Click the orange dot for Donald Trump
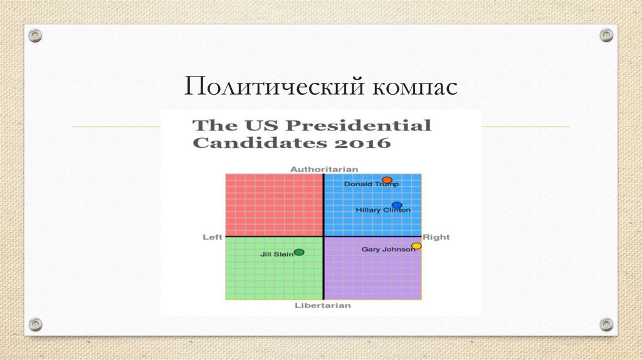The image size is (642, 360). (x=387, y=180)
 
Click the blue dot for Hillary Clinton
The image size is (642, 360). (x=396, y=205)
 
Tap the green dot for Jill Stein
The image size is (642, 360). (x=299, y=252)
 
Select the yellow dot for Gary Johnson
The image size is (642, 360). (x=416, y=246)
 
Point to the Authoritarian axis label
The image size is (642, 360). (x=324, y=169)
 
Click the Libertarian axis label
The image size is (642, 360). (x=323, y=305)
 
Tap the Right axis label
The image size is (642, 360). (x=436, y=237)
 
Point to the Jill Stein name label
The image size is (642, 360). (x=276, y=254)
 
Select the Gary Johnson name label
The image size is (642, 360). (x=387, y=249)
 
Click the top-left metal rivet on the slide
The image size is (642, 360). (x=36, y=35)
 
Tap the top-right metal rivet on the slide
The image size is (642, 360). (x=606, y=35)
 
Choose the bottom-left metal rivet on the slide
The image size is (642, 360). (x=36, y=324)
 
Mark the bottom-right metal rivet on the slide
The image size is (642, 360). (x=606, y=324)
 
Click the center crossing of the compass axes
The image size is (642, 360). (x=324, y=236)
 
